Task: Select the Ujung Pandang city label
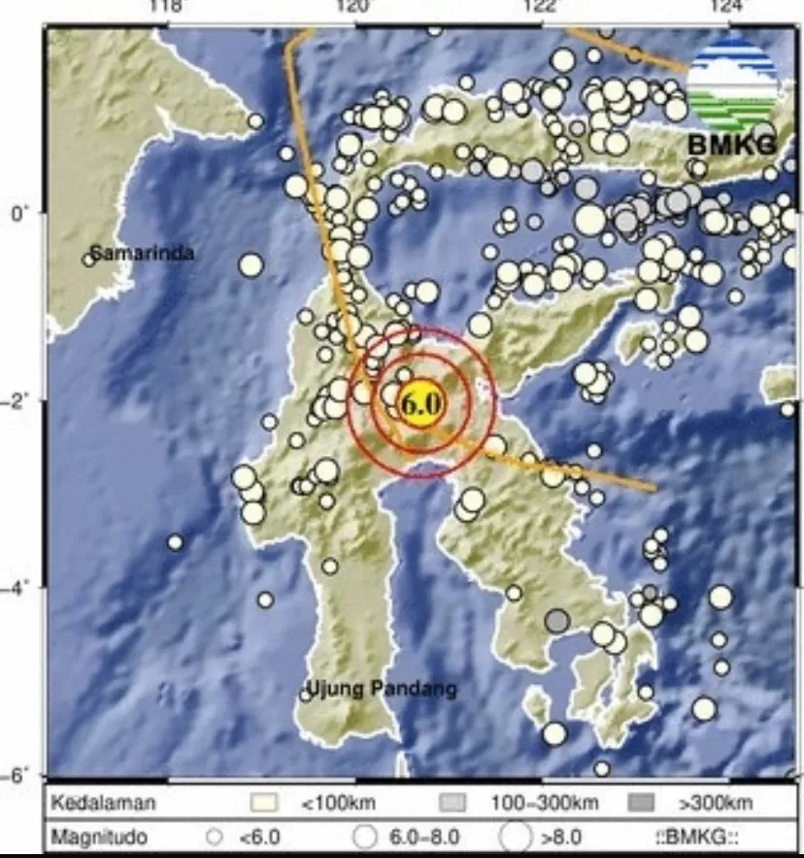tap(382, 690)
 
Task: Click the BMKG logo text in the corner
tap(732, 145)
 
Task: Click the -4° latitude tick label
tap(18, 587)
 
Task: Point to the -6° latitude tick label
tap(18, 774)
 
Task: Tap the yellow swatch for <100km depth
tap(264, 804)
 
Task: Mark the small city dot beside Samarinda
tap(88, 258)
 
